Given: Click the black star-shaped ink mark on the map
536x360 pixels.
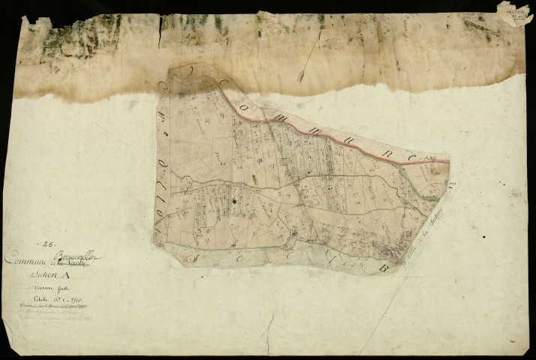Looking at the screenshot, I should coord(235,200).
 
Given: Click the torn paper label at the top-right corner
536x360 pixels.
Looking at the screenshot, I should coord(516,13).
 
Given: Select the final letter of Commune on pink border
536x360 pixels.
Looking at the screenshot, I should coord(412,154).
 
